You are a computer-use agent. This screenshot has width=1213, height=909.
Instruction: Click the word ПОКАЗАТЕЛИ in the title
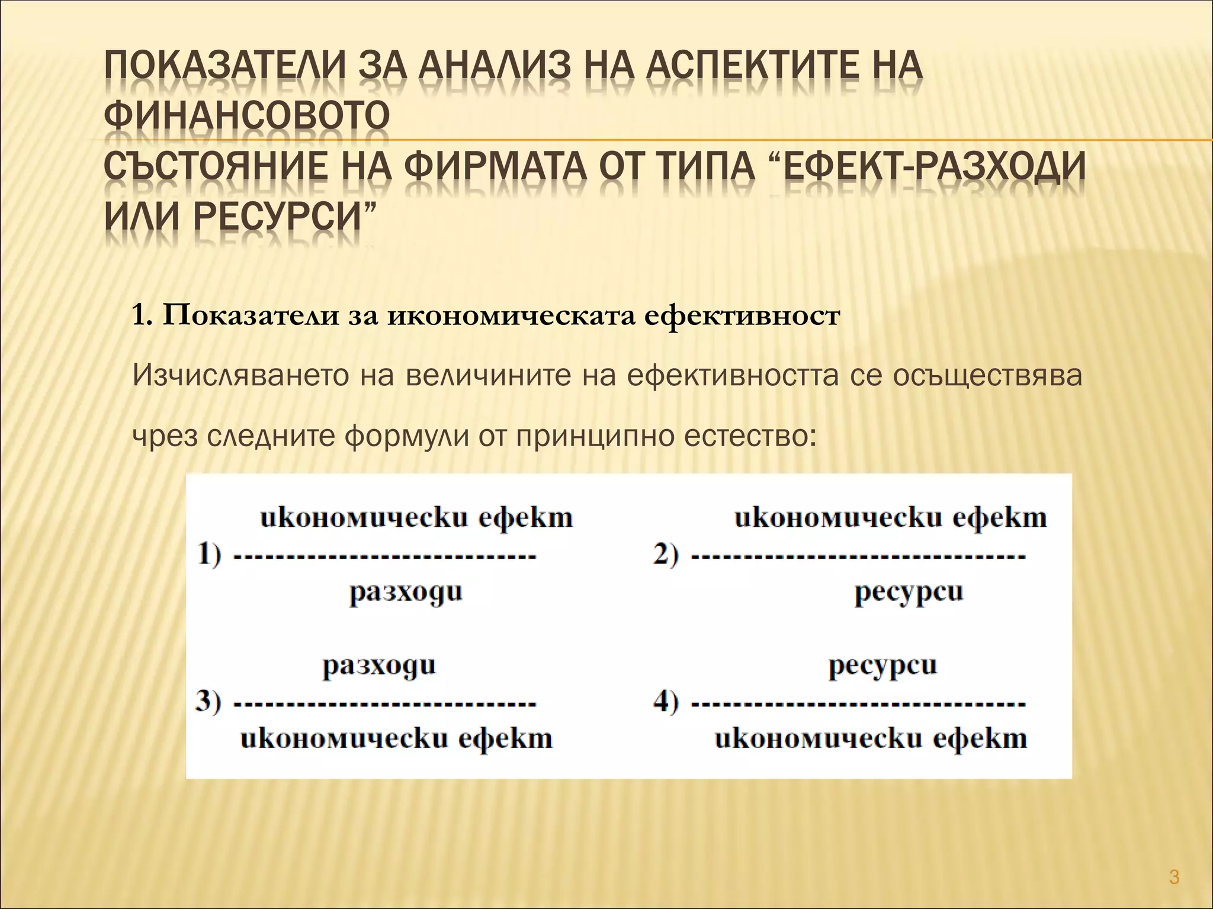224,75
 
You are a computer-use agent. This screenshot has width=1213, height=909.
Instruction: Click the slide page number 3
1175,876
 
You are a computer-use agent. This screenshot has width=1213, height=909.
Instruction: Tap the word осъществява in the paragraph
987,376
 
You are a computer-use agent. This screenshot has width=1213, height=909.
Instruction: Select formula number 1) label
209,556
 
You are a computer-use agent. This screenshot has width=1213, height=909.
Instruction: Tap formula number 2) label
666,556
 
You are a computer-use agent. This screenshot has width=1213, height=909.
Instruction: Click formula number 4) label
666,702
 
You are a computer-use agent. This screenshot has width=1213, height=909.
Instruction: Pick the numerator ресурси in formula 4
883,666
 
